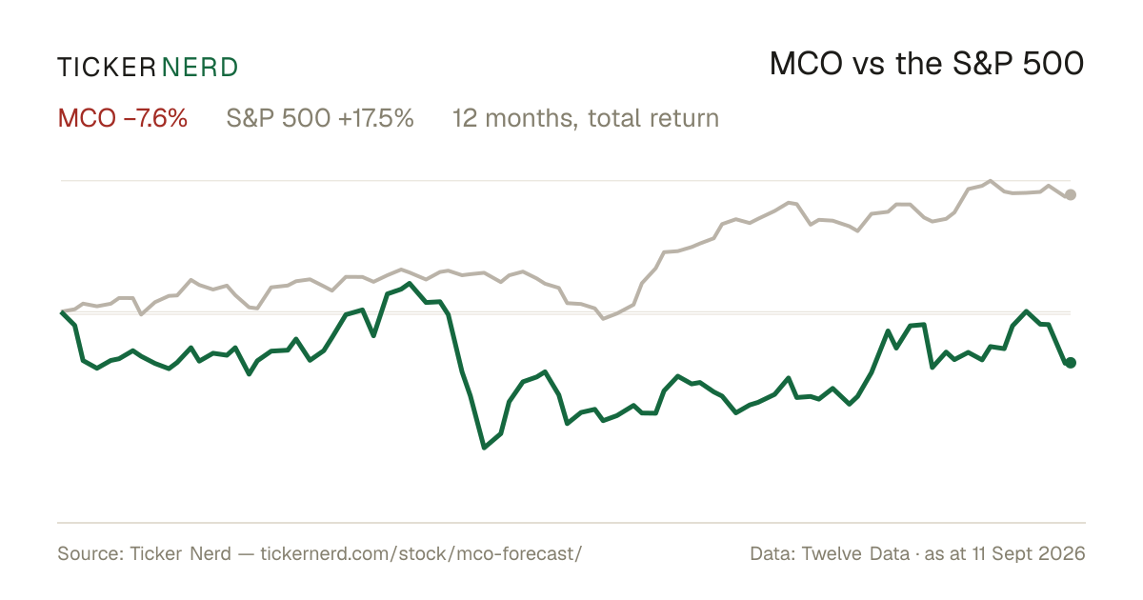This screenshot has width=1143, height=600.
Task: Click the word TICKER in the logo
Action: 106,68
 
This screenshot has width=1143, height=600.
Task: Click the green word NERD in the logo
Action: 200,68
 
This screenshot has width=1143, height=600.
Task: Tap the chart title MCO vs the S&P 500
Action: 926,64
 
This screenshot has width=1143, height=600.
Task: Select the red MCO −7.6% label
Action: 123,118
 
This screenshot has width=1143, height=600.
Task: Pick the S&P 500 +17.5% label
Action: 320,118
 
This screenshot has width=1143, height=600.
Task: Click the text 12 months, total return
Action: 586,119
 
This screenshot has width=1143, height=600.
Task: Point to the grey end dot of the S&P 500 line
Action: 1071,194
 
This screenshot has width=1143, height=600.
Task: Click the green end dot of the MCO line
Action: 1071,362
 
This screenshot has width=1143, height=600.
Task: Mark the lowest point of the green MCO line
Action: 484,448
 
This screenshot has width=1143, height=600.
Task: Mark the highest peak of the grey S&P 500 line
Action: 991,181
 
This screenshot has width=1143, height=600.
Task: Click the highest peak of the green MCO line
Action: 410,283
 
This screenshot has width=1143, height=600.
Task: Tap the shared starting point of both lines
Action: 62,311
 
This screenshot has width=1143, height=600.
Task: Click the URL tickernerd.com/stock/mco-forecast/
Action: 421,553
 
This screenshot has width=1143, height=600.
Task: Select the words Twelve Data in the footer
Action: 855,553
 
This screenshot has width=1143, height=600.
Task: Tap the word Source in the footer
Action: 88,553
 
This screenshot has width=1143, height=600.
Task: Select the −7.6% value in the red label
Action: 155,118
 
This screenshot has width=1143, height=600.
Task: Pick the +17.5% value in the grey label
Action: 375,118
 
